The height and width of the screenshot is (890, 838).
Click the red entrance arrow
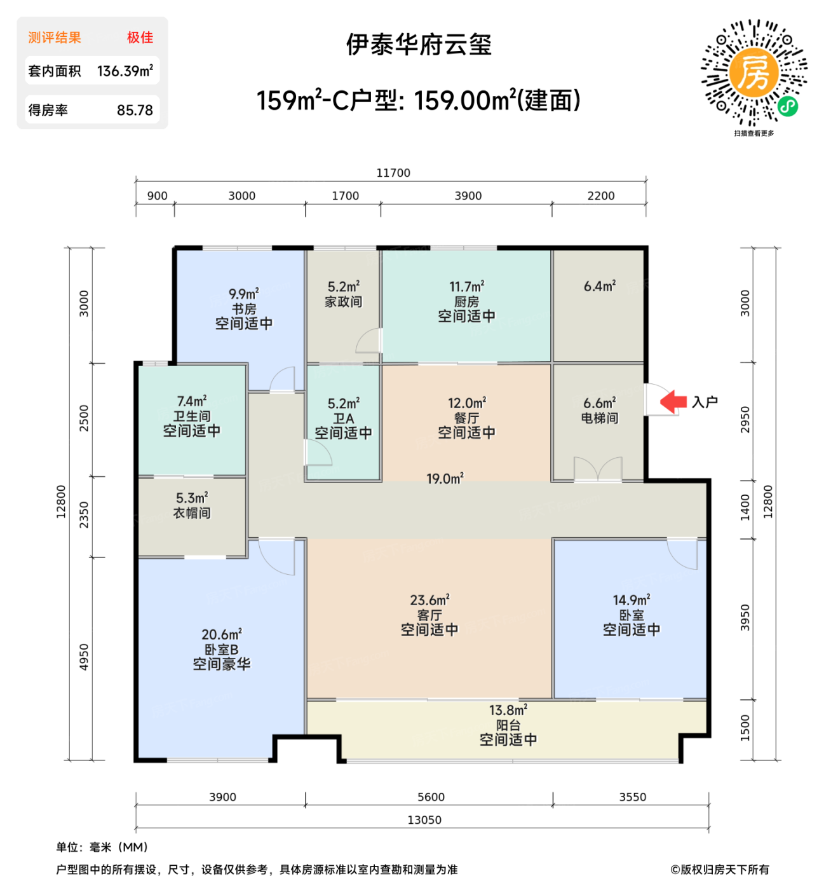673,402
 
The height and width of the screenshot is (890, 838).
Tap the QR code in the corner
754,73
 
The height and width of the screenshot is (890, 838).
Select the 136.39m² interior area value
125,71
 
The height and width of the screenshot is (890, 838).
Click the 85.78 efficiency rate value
135,111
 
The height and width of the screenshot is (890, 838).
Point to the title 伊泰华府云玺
419,45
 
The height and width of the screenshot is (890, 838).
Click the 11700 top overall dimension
393,173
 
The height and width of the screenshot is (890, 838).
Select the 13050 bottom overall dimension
424,820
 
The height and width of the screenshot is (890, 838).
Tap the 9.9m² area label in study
243,294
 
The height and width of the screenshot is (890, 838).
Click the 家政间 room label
343,302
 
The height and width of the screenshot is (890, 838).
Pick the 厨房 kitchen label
466,302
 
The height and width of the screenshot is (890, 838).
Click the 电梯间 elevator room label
599,418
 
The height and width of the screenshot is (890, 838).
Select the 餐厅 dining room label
466,418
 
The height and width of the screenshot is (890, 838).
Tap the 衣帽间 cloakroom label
192,513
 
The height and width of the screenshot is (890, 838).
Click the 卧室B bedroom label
221,650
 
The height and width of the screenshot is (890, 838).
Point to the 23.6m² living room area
429,600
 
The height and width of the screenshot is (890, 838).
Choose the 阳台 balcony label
508,725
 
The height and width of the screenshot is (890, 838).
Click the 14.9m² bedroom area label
631,600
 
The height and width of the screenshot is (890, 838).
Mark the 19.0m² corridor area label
445,479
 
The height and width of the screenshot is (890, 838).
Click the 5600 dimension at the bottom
431,797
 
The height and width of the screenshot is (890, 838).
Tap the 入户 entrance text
705,402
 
